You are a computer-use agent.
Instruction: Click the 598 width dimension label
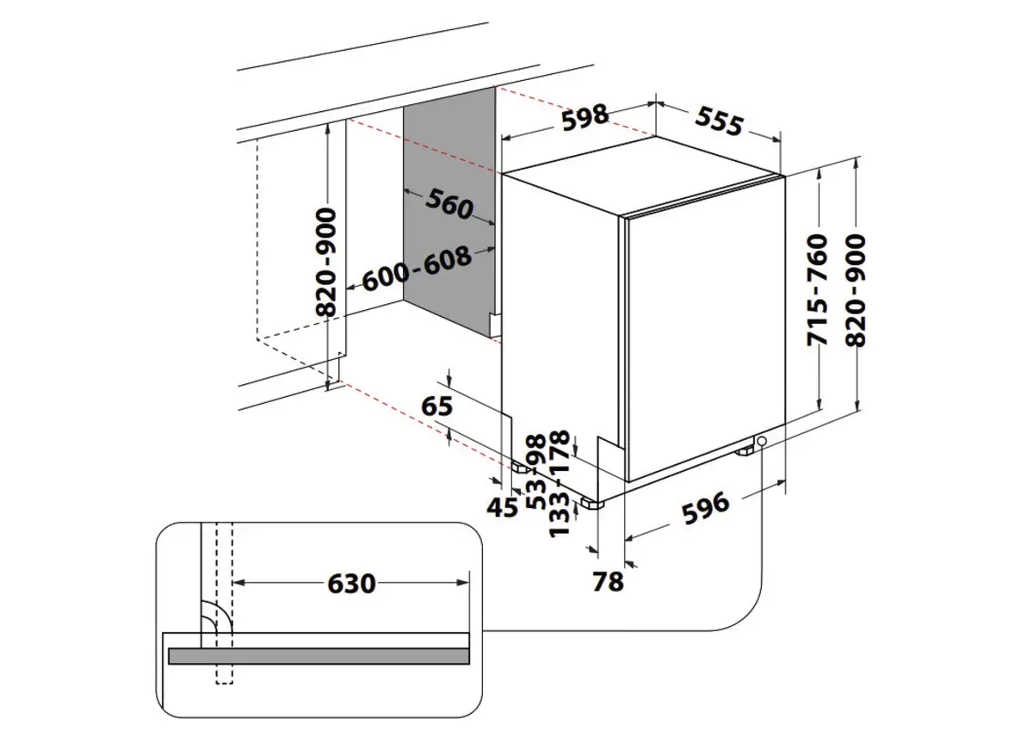tap(585, 117)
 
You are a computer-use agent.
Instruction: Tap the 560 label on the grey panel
tap(448, 204)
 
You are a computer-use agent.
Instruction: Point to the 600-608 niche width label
tap(416, 270)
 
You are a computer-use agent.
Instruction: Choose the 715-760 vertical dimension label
tap(817, 289)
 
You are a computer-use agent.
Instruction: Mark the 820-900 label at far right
tap(857, 289)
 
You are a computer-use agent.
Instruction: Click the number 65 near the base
tap(436, 405)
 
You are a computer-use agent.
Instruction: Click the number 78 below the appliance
tap(608, 582)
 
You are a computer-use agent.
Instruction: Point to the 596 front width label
tap(705, 508)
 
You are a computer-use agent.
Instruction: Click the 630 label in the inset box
tap(351, 583)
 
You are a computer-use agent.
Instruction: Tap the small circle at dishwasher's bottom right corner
tap(761, 441)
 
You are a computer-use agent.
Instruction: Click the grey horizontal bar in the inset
tap(319, 656)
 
